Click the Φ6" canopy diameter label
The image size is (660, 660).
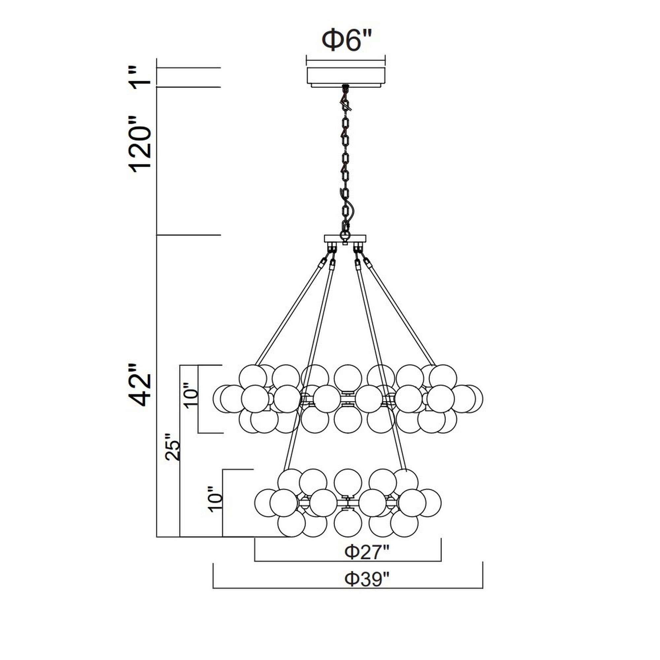(x=346, y=40)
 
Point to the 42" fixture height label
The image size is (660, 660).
(x=140, y=385)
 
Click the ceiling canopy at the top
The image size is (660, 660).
(x=346, y=76)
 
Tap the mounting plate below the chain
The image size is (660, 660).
(x=345, y=238)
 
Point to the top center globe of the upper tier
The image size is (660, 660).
(x=348, y=378)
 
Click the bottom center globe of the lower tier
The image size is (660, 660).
(x=348, y=523)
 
